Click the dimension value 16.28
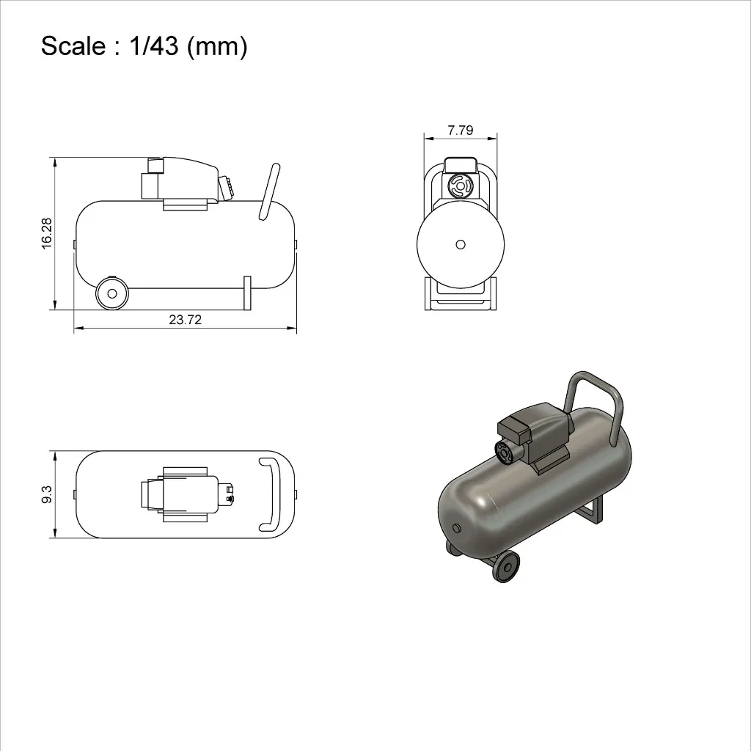pos(46,234)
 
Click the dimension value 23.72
pos(186,320)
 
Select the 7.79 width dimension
pos(461,131)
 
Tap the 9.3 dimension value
pos(46,494)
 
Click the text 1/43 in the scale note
pos(154,46)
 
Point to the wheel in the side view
pos(112,293)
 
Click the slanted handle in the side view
pos(269,191)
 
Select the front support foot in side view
pos(247,293)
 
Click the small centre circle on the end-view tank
pos(461,245)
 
